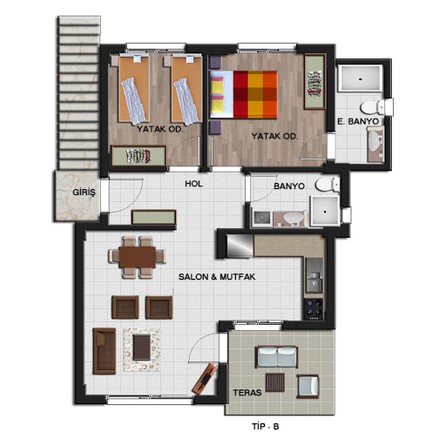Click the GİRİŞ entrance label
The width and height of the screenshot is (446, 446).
click(84, 193)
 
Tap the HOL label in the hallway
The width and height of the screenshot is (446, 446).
click(193, 184)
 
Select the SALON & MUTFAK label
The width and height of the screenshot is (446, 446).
click(217, 277)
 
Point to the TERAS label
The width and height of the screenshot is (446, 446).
click(247, 393)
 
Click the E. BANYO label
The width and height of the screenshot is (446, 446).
click(358, 121)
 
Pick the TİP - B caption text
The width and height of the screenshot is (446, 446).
click(266, 426)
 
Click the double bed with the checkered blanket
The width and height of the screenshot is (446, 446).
click(243, 95)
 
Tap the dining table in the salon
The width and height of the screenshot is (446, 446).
click(138, 257)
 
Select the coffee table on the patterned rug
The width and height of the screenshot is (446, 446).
click(142, 348)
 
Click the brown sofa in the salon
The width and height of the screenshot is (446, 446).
click(105, 351)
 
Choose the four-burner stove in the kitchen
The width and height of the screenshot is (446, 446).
click(314, 309)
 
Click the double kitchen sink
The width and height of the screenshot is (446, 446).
click(314, 275)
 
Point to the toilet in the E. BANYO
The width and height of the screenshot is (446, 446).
click(372, 107)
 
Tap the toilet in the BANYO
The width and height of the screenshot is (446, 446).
click(328, 185)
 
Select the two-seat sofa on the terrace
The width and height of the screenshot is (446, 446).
click(277, 357)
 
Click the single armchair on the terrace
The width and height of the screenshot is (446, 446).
click(307, 386)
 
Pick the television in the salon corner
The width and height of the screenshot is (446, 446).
click(206, 379)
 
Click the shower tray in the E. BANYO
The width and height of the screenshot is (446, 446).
click(361, 78)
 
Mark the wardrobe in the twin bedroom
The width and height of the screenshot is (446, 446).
click(139, 156)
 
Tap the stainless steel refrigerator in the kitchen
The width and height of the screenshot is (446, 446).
click(240, 246)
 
